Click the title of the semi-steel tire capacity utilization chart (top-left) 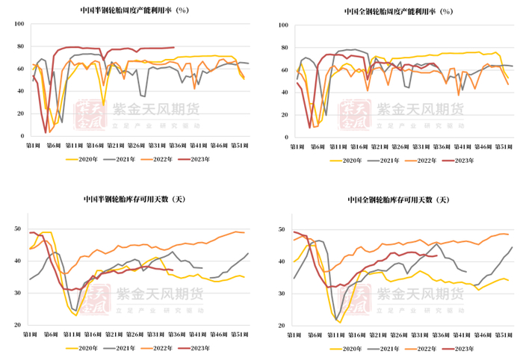pyautogui.click(x=134, y=10)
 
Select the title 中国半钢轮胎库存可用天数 pyautogui.click(x=134, y=199)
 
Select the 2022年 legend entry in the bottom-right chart pyautogui.click(x=427, y=349)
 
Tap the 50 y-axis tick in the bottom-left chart pyautogui.click(x=19, y=229)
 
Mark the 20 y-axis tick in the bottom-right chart pyautogui.click(x=283, y=326)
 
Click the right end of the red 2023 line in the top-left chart pyautogui.click(x=174, y=47)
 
